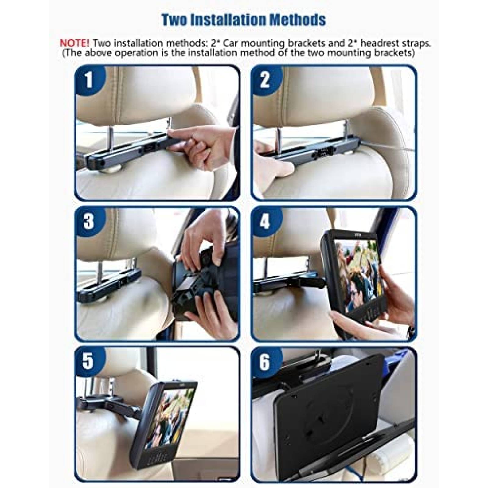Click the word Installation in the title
[x=244, y=20]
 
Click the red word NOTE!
[x=75, y=43]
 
